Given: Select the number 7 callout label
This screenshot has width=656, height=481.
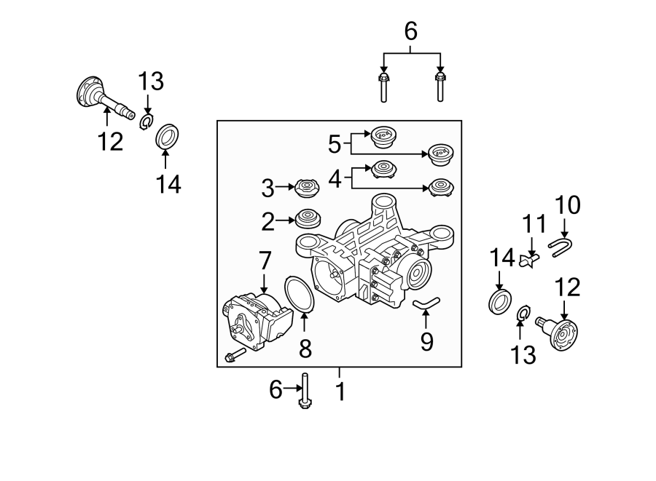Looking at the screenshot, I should (x=264, y=260).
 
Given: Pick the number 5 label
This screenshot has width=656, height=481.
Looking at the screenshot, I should (x=334, y=144).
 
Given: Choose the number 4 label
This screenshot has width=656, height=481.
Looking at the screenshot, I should (x=335, y=178).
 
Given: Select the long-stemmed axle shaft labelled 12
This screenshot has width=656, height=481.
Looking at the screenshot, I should (x=106, y=98).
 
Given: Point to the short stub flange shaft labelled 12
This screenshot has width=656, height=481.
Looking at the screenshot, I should (x=563, y=332).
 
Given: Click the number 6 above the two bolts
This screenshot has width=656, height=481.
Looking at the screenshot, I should (x=410, y=31).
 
